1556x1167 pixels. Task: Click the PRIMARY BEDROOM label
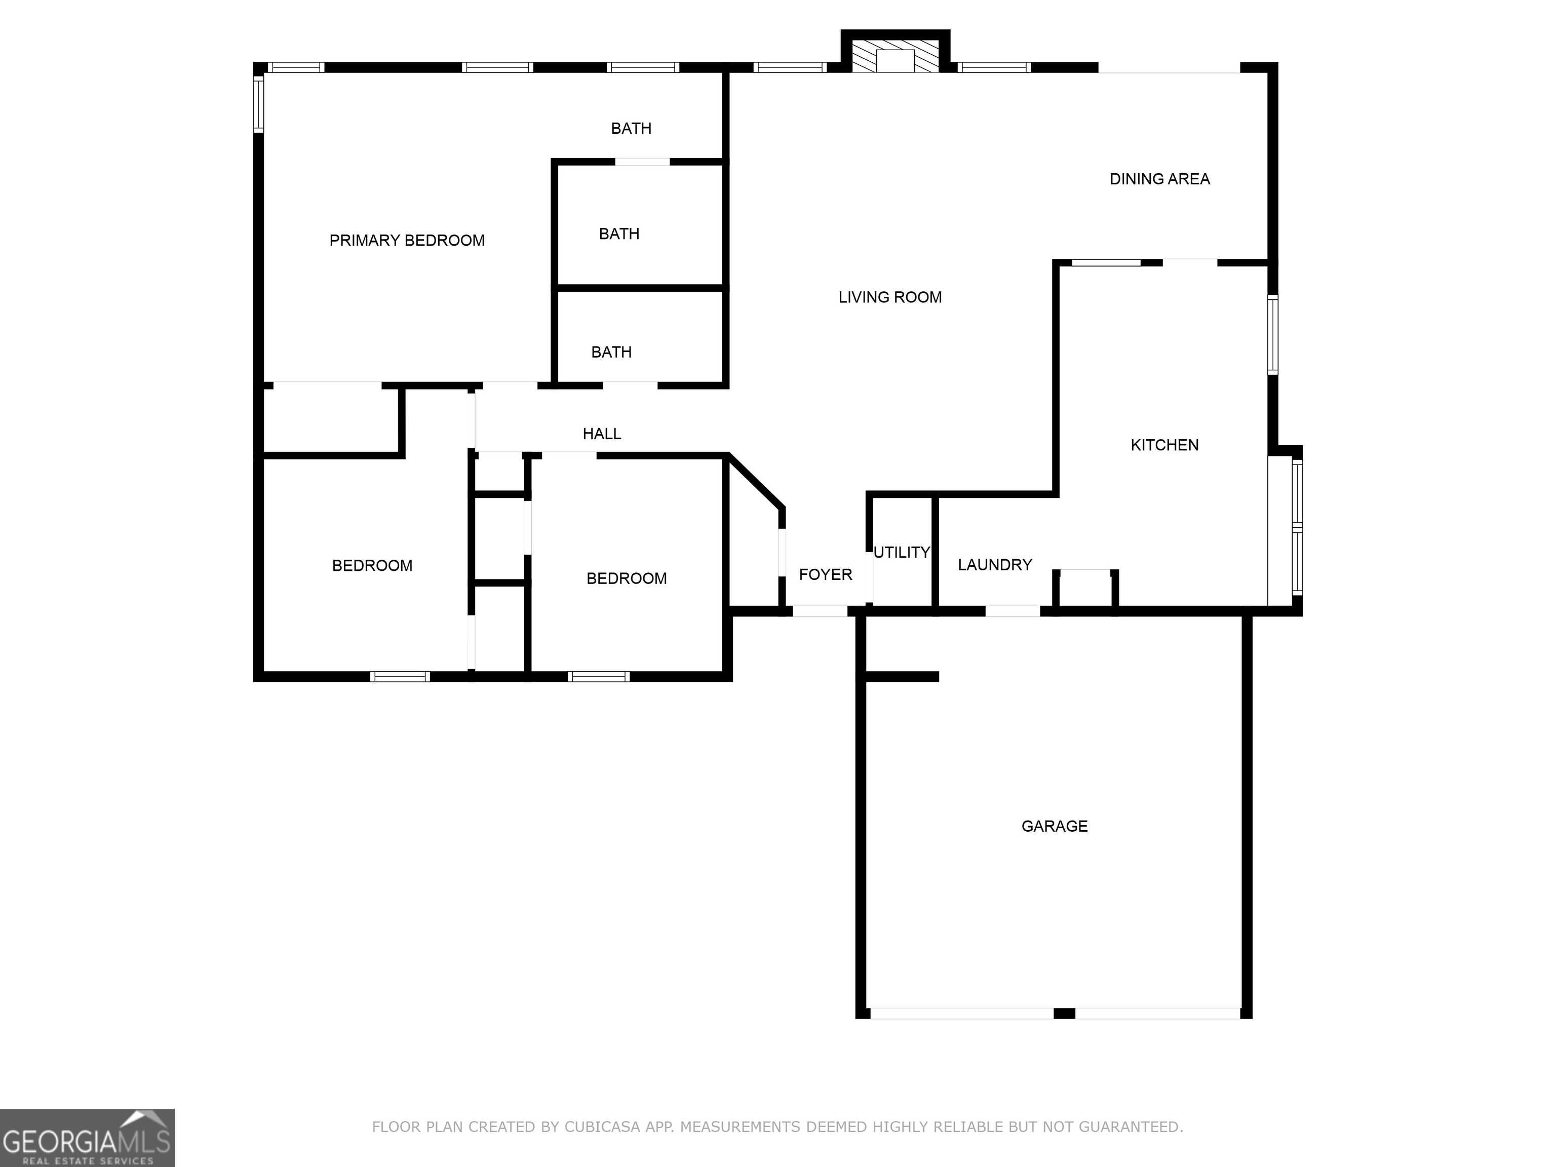point(407,241)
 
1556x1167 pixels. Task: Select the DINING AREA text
point(1159,179)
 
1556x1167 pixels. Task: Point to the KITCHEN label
point(1164,445)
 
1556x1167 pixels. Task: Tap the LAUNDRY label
point(995,564)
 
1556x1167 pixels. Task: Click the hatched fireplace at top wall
point(895,56)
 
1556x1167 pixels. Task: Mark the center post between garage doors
point(1064,1013)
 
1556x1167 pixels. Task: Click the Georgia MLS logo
point(87,1138)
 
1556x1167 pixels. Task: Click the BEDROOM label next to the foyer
point(626,578)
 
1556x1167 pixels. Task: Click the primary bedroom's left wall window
point(258,104)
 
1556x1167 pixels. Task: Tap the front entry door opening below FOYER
point(820,611)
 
